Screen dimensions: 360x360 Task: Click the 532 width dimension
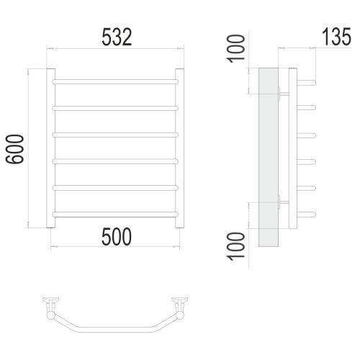[117, 37]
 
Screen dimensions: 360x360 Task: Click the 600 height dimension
[15, 149]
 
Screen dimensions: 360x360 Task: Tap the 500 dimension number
[117, 237]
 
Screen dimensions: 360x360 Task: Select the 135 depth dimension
[336, 37]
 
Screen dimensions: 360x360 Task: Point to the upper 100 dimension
[236, 49]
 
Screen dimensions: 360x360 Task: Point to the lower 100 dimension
[236, 246]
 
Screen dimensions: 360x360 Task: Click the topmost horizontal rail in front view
[115, 81]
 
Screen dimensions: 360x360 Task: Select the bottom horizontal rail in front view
[115, 215]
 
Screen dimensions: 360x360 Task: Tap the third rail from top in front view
[115, 135]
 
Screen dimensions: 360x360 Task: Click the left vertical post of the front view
[50, 148]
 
